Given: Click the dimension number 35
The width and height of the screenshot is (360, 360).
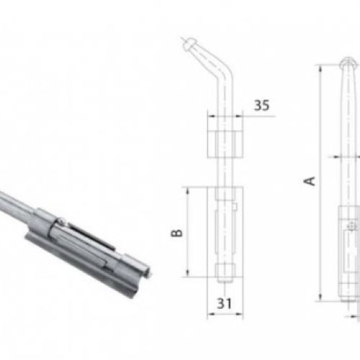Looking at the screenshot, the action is point(261,105).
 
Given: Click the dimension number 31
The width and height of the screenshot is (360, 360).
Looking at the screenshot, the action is point(225,303).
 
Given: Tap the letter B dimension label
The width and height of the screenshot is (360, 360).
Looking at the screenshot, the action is point(176,233).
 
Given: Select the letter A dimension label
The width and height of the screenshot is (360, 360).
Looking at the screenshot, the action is point(310,181).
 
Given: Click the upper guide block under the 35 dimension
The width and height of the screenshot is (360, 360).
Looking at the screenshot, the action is point(225,145).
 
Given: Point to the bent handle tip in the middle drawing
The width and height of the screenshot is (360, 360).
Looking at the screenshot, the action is point(188,43).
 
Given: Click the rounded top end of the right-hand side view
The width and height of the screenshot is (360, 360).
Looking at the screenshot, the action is point(348,61).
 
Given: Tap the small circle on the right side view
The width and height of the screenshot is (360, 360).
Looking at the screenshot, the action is point(351,226).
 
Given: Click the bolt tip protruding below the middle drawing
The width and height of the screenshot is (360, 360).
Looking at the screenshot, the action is point(225,279).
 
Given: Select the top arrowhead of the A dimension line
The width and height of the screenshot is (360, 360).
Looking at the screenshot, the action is point(320,68).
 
